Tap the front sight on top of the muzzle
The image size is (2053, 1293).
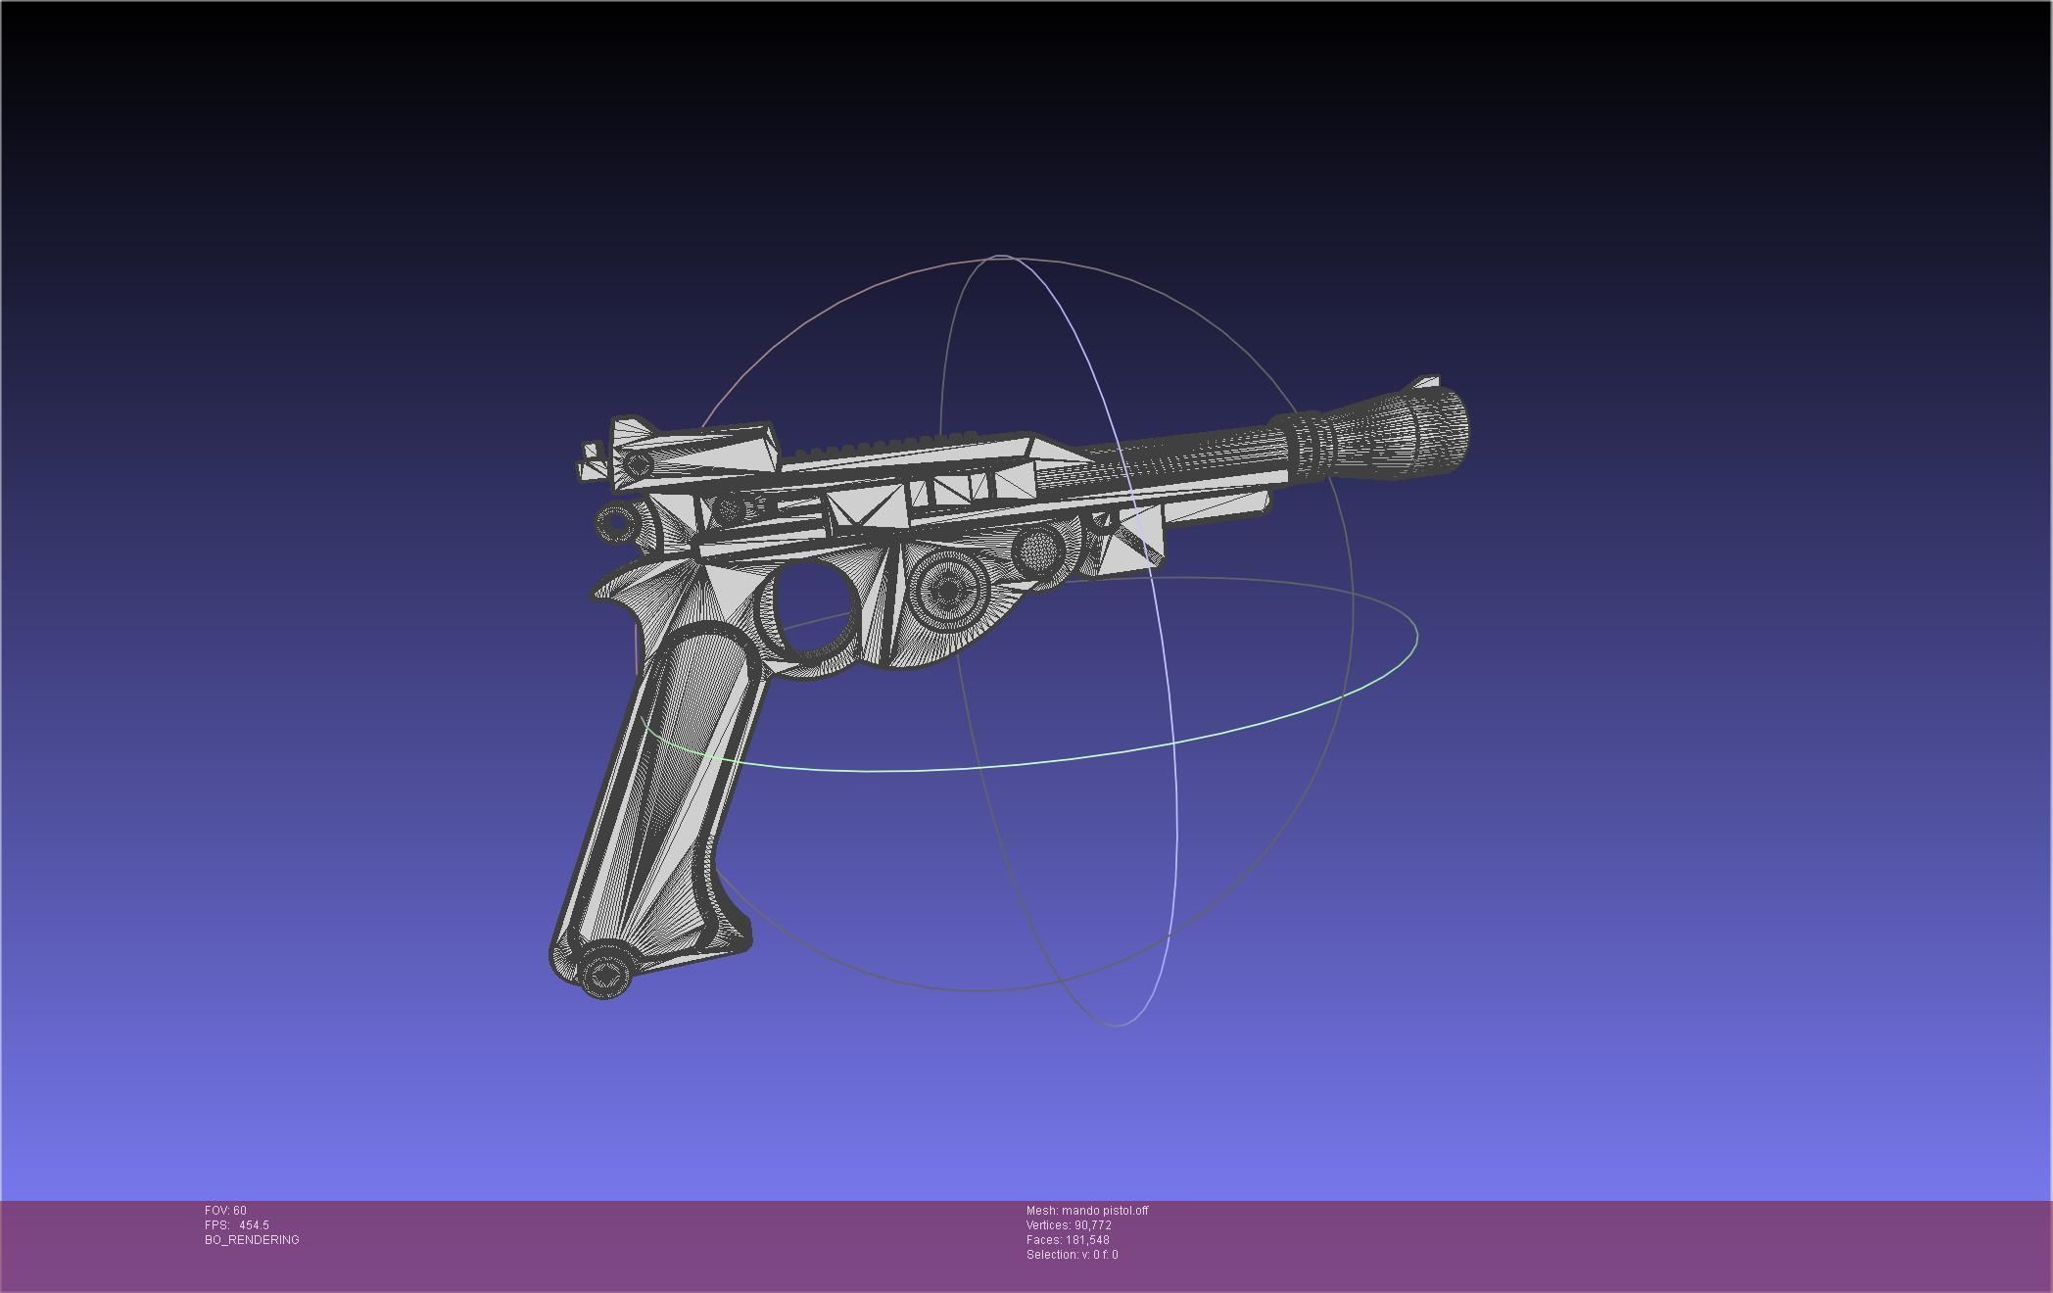(1427, 382)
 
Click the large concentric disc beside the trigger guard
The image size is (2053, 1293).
(948, 590)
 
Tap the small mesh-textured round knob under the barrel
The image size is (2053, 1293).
(1038, 549)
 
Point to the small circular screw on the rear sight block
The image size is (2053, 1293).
(639, 463)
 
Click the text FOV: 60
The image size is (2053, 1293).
(226, 1211)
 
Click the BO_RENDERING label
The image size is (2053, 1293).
(252, 1240)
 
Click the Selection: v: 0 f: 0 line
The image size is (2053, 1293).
(1072, 1255)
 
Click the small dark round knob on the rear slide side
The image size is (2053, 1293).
(729, 508)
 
